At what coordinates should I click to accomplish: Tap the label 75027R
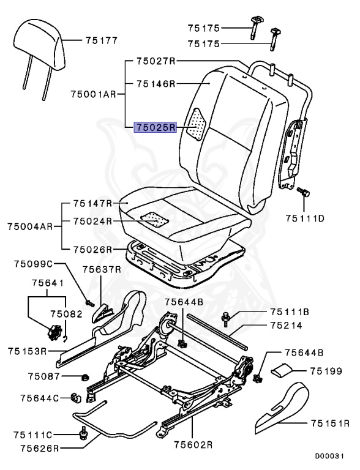coord(156,61)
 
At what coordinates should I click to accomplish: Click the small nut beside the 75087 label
coord(84,376)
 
